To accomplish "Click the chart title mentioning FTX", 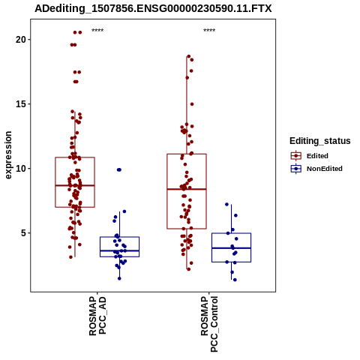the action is pyautogui.click(x=153, y=8).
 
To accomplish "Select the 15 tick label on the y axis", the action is pyautogui.click(x=20, y=104).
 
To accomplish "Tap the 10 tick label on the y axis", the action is pyautogui.click(x=20, y=169).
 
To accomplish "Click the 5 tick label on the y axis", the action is pyautogui.click(x=23, y=233).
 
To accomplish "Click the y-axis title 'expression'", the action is pyautogui.click(x=8, y=155).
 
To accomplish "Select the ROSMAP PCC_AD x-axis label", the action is pyautogui.click(x=97, y=316).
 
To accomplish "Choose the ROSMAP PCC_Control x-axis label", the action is pyautogui.click(x=209, y=324).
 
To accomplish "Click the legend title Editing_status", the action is pyautogui.click(x=320, y=141).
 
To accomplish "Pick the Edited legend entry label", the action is pyautogui.click(x=317, y=156).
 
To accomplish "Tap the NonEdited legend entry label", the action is pyautogui.click(x=325, y=169).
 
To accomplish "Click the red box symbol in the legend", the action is pyautogui.click(x=296, y=156).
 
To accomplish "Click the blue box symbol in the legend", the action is pyautogui.click(x=296, y=169).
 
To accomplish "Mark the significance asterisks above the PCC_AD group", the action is pyautogui.click(x=97, y=31).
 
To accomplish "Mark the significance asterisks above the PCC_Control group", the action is pyautogui.click(x=209, y=31).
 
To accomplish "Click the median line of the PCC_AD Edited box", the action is pyautogui.click(x=75, y=185).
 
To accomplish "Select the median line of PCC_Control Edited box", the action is pyautogui.click(x=187, y=189).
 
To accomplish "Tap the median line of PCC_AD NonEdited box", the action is pyautogui.click(x=119, y=250).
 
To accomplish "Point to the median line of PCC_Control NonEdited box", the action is pyautogui.click(x=231, y=248).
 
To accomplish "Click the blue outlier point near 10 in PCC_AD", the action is pyautogui.click(x=119, y=169).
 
